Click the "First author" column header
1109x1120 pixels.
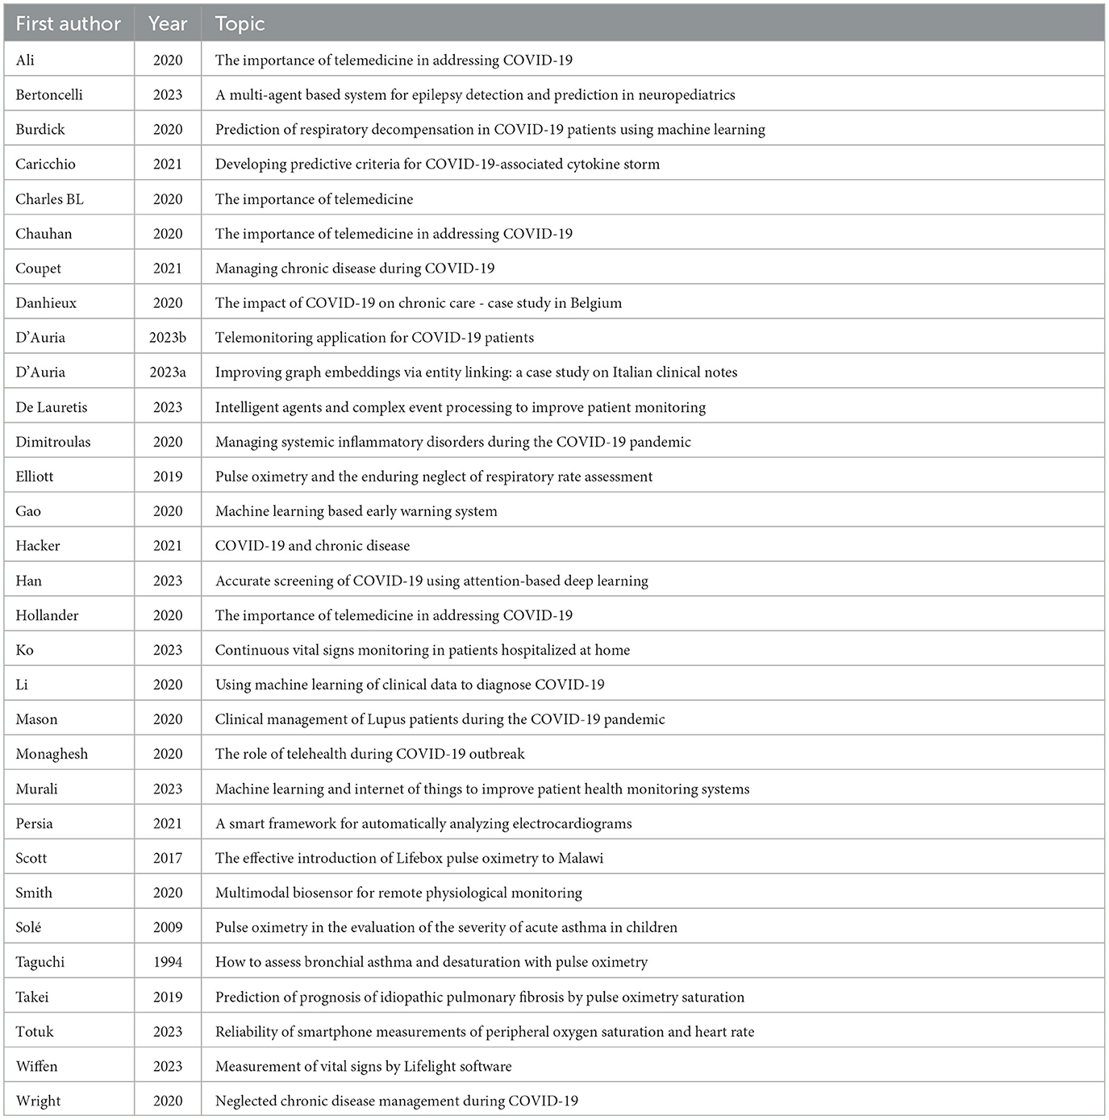click(68, 24)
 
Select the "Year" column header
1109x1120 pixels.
click(168, 24)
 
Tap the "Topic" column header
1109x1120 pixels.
click(240, 24)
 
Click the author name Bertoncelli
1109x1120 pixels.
click(49, 94)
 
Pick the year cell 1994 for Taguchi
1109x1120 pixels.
click(168, 962)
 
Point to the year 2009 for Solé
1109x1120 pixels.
click(168, 927)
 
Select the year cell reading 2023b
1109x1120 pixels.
click(168, 337)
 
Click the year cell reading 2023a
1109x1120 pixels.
click(168, 372)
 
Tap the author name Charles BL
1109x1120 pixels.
click(49, 198)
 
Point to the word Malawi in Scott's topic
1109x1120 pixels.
click(581, 858)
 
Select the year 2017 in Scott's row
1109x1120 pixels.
click(168, 858)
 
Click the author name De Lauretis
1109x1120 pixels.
click(52, 407)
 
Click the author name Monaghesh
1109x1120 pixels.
click(52, 754)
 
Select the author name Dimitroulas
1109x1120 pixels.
click(53, 442)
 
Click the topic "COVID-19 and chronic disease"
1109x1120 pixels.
click(312, 546)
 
